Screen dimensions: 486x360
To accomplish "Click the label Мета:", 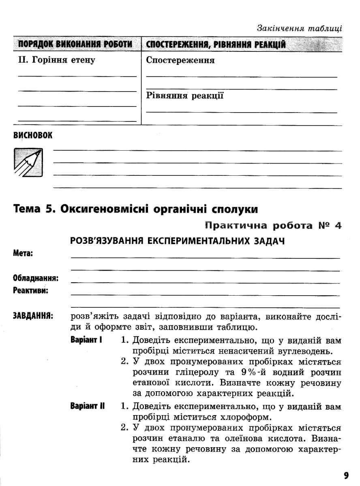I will point(23,254).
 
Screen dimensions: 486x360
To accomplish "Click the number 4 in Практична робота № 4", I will point(337,225).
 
